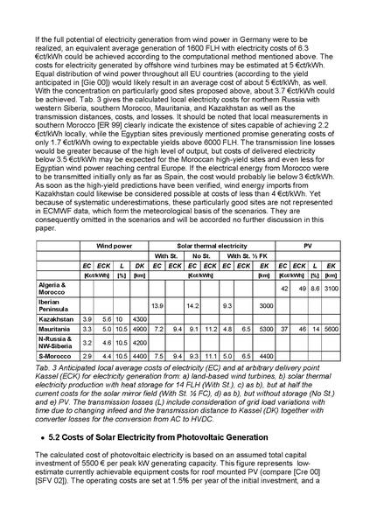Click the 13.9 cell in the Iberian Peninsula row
tap(158, 306)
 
